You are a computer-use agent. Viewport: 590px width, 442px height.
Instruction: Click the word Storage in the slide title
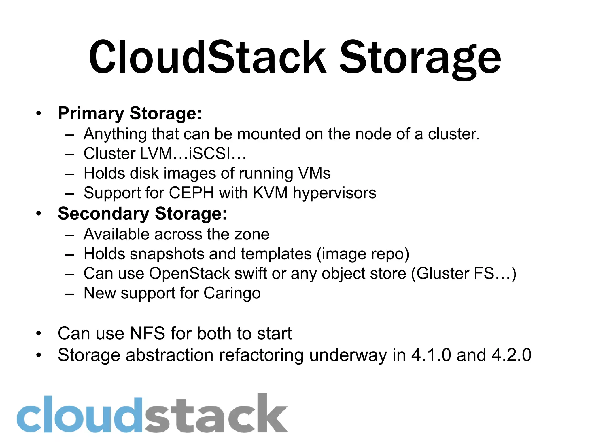[420, 59]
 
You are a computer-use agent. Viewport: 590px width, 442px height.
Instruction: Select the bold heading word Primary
[91, 114]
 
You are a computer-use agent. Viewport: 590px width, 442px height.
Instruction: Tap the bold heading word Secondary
[103, 214]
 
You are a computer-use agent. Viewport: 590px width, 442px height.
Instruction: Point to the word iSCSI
[209, 153]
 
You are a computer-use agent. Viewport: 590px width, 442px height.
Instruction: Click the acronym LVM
[156, 153]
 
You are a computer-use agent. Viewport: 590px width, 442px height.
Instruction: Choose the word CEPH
[191, 193]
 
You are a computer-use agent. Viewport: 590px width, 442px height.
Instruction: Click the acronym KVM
[270, 193]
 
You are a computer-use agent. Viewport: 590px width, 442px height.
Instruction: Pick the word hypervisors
[334, 193]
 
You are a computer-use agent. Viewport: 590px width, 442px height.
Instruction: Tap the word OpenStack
[189, 273]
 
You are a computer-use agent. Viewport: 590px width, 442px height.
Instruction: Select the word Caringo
[232, 294]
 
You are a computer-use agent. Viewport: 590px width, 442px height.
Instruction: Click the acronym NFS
[147, 333]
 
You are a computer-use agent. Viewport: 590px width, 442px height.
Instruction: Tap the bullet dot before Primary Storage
[39, 113]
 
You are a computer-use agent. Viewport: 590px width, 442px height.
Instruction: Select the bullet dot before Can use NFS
[39, 333]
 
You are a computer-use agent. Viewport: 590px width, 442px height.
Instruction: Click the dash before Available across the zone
[69, 235]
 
